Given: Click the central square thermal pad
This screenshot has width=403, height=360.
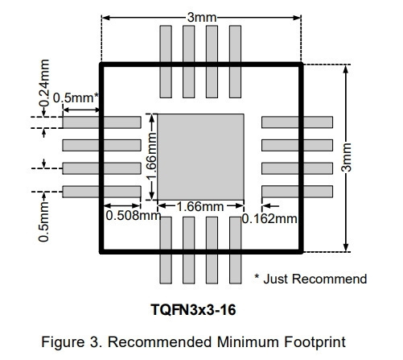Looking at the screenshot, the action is click(200, 157).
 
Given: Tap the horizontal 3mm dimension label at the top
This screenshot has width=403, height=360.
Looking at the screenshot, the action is click(202, 18).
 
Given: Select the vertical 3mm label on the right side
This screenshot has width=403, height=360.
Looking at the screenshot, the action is click(346, 157).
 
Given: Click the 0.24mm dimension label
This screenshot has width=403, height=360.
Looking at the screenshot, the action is click(44, 83).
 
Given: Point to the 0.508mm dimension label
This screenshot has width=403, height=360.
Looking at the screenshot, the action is click(134, 215).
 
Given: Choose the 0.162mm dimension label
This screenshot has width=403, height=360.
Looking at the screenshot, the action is click(269, 219).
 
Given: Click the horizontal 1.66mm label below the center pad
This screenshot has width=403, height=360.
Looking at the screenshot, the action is click(200, 207).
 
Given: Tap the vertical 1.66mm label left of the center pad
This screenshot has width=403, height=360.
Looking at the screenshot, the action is click(151, 157).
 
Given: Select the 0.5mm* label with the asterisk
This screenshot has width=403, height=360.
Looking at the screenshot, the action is click(76, 97).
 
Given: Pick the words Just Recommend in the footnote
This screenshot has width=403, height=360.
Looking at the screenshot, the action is click(315, 279).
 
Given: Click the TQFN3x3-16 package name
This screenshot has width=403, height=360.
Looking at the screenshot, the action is click(193, 309).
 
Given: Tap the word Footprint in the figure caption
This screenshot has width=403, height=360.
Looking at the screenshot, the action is click(315, 342).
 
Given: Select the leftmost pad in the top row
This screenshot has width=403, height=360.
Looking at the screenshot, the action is click(166, 62).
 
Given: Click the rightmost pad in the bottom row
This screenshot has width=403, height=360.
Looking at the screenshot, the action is click(235, 250).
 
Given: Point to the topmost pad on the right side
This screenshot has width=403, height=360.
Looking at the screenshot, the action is click(297, 122).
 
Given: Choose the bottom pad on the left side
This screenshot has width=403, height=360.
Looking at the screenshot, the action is click(101, 192).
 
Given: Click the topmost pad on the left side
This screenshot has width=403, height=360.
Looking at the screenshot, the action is click(101, 122).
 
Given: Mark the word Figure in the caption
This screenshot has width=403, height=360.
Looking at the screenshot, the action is click(63, 342).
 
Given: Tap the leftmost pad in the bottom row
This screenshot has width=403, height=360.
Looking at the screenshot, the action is click(166, 250).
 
